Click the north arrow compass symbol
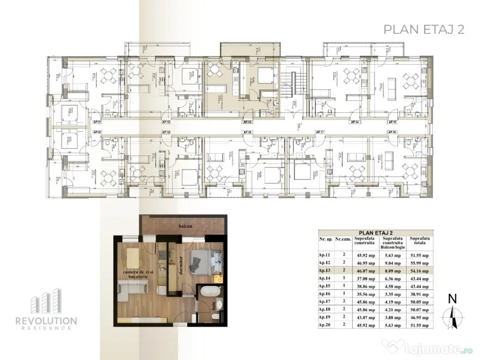(x=452, y=315)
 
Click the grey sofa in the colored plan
(x=129, y=291)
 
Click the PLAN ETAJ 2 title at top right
(x=424, y=29)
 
